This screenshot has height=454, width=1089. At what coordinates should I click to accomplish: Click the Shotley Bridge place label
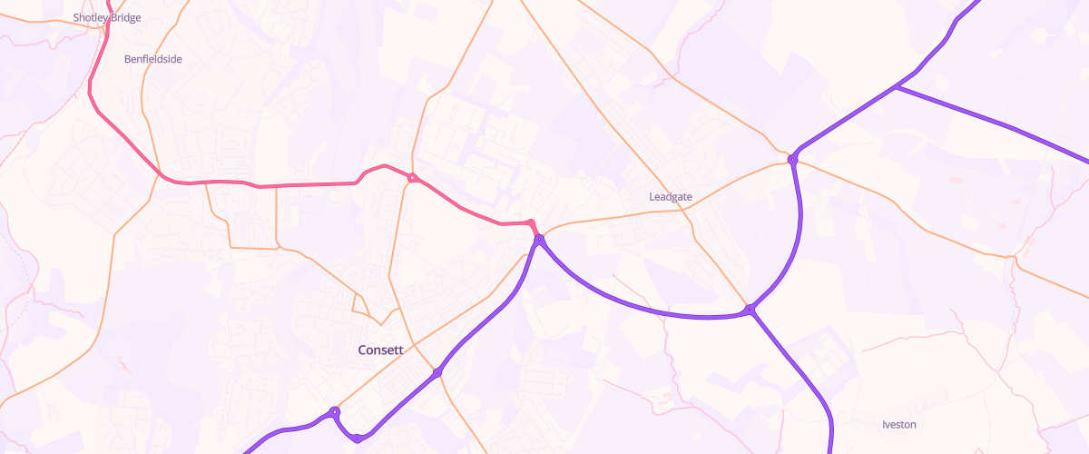[x=107, y=17]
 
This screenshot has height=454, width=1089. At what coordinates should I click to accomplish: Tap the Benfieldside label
[x=152, y=59]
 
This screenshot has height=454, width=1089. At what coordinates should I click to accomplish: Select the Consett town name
[x=381, y=350]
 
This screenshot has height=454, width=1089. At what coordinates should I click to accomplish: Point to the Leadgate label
[x=672, y=196]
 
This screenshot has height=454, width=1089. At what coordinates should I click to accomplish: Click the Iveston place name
[x=899, y=424]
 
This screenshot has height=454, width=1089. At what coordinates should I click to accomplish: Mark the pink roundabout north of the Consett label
[x=412, y=177]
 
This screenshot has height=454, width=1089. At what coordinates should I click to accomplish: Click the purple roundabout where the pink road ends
[x=539, y=240]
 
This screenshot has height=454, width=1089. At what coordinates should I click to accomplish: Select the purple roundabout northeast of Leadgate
[x=792, y=160]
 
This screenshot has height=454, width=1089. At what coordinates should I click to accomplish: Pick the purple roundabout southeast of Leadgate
[x=750, y=311]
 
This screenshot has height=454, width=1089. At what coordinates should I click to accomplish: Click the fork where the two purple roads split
[x=896, y=87]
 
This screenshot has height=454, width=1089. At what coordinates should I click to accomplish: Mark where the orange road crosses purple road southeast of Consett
[x=437, y=372]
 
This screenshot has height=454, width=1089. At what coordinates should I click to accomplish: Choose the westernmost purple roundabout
[x=335, y=412]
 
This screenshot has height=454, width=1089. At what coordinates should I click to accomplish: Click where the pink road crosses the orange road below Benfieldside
[x=161, y=174]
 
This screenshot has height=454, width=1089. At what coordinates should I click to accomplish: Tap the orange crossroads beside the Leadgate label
[x=687, y=208]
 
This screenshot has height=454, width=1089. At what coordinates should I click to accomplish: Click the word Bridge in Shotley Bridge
[x=125, y=17]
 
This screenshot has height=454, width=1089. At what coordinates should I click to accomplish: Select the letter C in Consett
[x=362, y=350]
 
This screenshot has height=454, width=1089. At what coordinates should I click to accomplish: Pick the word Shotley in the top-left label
[x=90, y=17]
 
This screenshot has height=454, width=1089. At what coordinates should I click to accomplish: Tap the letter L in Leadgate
[x=652, y=196]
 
